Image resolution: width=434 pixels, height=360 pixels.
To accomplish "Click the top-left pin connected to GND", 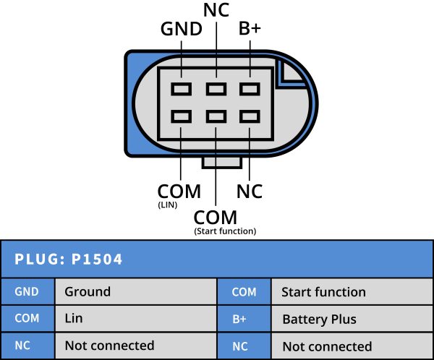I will pyautogui.click(x=181, y=89).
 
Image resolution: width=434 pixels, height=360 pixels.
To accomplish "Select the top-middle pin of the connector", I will pyautogui.click(x=216, y=89).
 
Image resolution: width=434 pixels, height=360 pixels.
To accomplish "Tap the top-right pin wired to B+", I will pyautogui.click(x=250, y=89).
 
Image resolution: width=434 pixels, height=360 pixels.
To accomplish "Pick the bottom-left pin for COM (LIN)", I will pyautogui.click(x=181, y=116).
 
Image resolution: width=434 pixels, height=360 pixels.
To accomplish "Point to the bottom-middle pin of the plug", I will pyautogui.click(x=216, y=116).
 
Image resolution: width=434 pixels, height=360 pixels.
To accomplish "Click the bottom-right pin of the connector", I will pyautogui.click(x=250, y=116).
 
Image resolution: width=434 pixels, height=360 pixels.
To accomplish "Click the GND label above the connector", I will pyautogui.click(x=180, y=30).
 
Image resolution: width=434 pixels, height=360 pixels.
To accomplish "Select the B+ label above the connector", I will pyautogui.click(x=250, y=30).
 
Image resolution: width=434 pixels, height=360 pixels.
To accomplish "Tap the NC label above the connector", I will pyautogui.click(x=216, y=11).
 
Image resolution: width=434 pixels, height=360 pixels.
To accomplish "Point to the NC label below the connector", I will pyautogui.click(x=250, y=192).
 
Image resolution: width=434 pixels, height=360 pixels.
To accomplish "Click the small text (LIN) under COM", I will pyautogui.click(x=168, y=206).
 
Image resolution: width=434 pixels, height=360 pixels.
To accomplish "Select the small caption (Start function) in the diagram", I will pyautogui.click(x=225, y=231).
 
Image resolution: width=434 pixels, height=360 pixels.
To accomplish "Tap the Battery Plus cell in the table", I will pyautogui.click(x=319, y=319).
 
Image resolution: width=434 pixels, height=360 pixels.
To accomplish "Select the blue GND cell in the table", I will pyautogui.click(x=27, y=292).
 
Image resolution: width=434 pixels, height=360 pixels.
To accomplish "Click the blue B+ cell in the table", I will pyautogui.click(x=244, y=319).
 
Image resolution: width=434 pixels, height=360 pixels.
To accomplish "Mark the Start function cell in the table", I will pyautogui.click(x=323, y=292).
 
